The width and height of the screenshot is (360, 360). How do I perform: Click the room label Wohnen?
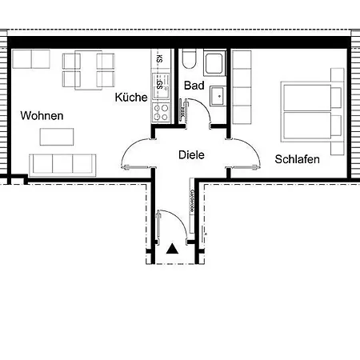42,116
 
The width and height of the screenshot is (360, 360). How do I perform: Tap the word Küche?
130,98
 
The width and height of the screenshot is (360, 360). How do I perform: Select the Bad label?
194,86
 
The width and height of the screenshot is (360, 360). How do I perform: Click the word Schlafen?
297,159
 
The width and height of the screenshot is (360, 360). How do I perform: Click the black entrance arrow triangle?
172,249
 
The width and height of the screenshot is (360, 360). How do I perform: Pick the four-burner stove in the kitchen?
161,107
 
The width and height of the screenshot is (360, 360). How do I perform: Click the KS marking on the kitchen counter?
160,59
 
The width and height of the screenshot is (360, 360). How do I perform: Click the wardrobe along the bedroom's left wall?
242,89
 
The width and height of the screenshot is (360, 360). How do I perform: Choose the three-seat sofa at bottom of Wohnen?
62,164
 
